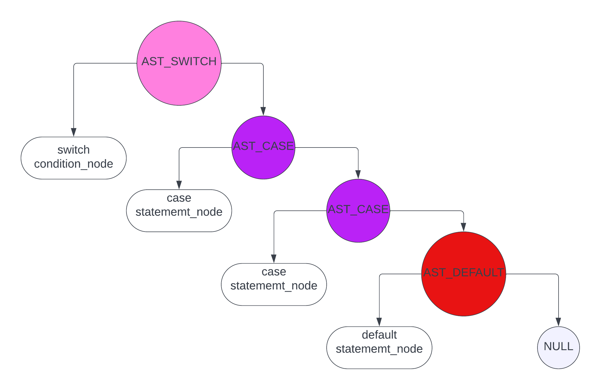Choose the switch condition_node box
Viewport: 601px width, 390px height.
pos(74,158)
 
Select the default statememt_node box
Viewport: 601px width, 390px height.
pos(379,348)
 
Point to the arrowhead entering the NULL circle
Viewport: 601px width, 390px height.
pos(558,322)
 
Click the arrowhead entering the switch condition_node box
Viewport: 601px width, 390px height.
pos(74,132)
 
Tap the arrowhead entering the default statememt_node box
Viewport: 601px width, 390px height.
pos(379,322)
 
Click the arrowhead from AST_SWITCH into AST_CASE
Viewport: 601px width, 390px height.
pos(263,111)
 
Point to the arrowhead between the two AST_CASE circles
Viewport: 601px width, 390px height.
pos(358,174)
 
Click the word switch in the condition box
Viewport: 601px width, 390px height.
pos(74,150)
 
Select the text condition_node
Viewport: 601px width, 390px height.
pos(74,164)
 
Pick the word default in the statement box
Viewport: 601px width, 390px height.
pos(379,335)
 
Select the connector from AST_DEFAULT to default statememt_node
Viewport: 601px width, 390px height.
pos(399,274)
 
